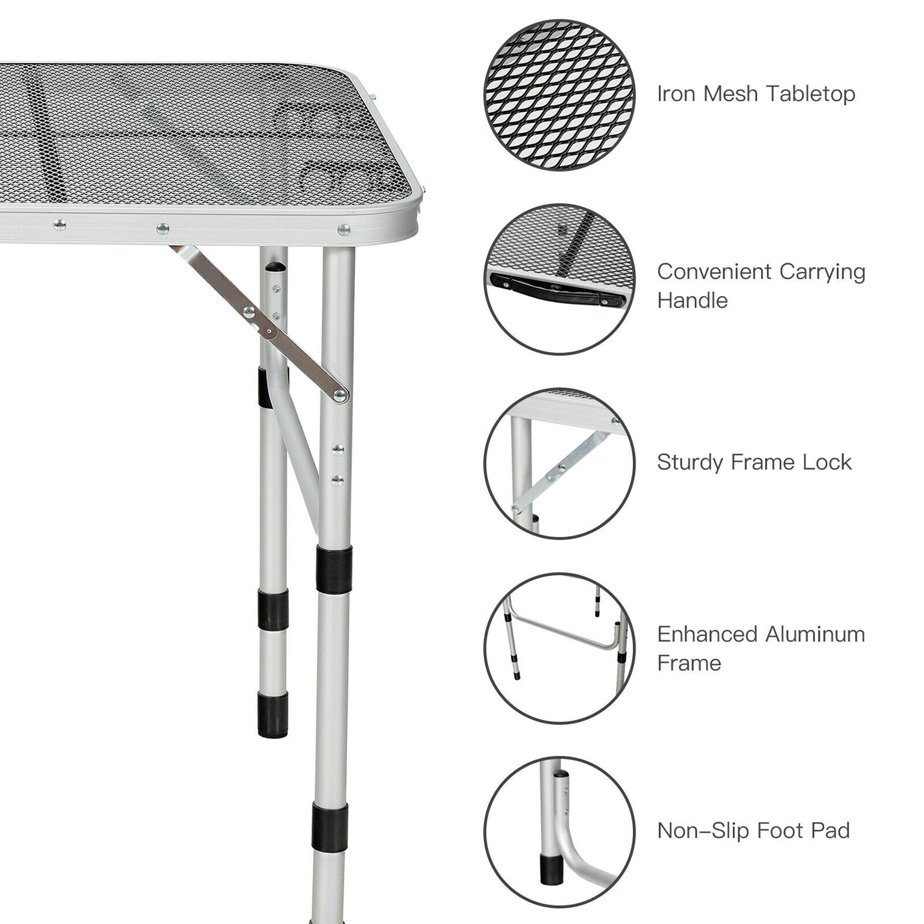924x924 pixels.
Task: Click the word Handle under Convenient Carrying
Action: pos(692,301)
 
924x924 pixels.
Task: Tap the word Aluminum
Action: pos(815,635)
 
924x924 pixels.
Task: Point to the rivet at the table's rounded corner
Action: pos(343,230)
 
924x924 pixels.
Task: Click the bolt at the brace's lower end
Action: pos(340,395)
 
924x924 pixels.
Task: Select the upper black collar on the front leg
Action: pos(334,570)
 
